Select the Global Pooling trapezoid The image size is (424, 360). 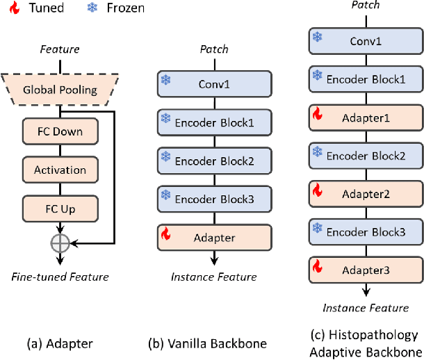click(x=60, y=90)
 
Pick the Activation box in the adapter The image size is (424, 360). click(x=60, y=170)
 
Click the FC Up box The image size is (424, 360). click(x=60, y=207)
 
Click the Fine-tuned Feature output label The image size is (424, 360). click(x=60, y=277)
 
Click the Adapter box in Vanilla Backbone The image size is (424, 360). click(x=214, y=238)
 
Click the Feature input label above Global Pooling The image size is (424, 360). click(x=60, y=49)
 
